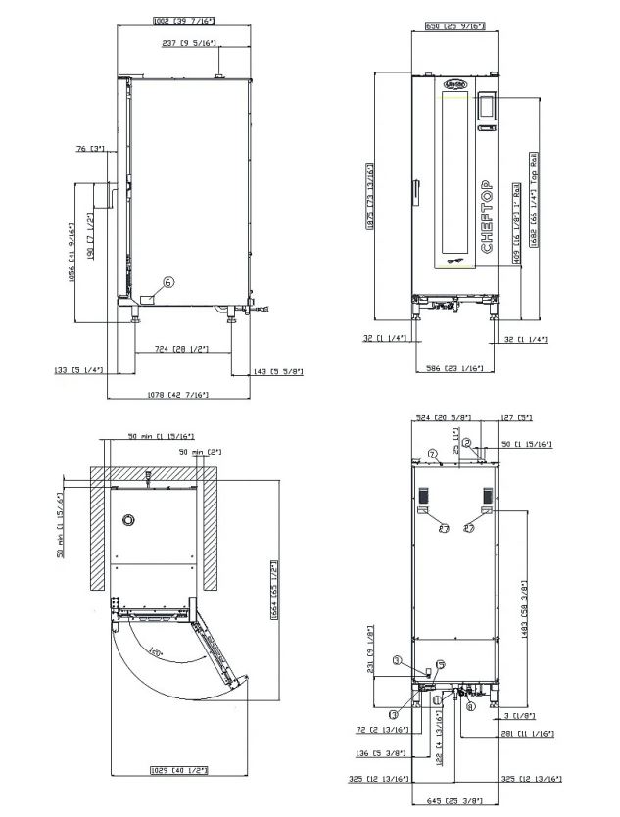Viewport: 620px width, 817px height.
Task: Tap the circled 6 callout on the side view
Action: pos(168,282)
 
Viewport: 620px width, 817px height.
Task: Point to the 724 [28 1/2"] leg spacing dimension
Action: pos(176,349)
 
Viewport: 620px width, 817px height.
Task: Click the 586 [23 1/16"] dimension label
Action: pos(452,368)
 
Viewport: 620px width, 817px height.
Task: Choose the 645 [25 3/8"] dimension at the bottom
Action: pos(453,802)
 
